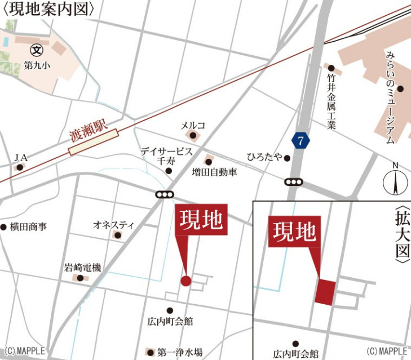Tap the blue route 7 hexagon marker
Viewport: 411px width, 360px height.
click(301, 141)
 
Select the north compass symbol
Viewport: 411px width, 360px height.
click(395, 182)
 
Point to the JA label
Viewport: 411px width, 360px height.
click(21, 157)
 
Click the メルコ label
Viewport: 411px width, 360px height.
click(193, 125)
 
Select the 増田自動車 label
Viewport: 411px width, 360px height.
click(214, 172)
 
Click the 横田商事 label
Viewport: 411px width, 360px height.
click(28, 226)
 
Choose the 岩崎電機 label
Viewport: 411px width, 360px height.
click(82, 268)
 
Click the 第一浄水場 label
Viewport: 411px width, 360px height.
click(180, 352)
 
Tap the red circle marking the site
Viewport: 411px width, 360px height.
click(185, 281)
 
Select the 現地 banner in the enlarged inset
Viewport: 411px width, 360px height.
click(294, 231)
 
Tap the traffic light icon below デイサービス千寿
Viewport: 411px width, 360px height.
click(164, 195)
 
